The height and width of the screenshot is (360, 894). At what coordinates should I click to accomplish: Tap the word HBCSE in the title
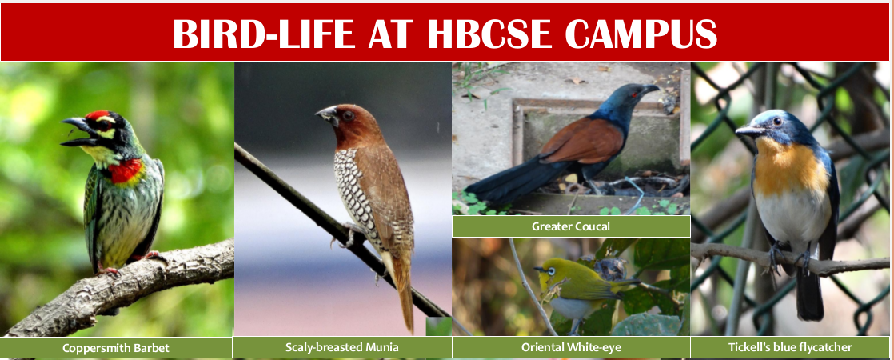point(489,34)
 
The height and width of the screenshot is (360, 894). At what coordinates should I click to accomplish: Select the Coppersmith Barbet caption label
point(116,347)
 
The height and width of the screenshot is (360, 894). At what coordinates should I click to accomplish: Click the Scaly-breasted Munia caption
point(342,347)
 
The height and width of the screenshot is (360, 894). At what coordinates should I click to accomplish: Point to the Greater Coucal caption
point(571,226)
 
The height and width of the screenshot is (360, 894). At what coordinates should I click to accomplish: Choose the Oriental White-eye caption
point(571,347)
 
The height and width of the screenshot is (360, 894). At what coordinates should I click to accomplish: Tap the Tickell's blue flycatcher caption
point(790,347)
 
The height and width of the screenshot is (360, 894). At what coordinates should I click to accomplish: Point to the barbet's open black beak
point(79,132)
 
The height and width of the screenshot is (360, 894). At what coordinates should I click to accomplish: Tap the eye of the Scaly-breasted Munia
point(347,115)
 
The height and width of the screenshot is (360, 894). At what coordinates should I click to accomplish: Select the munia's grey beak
point(328,116)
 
